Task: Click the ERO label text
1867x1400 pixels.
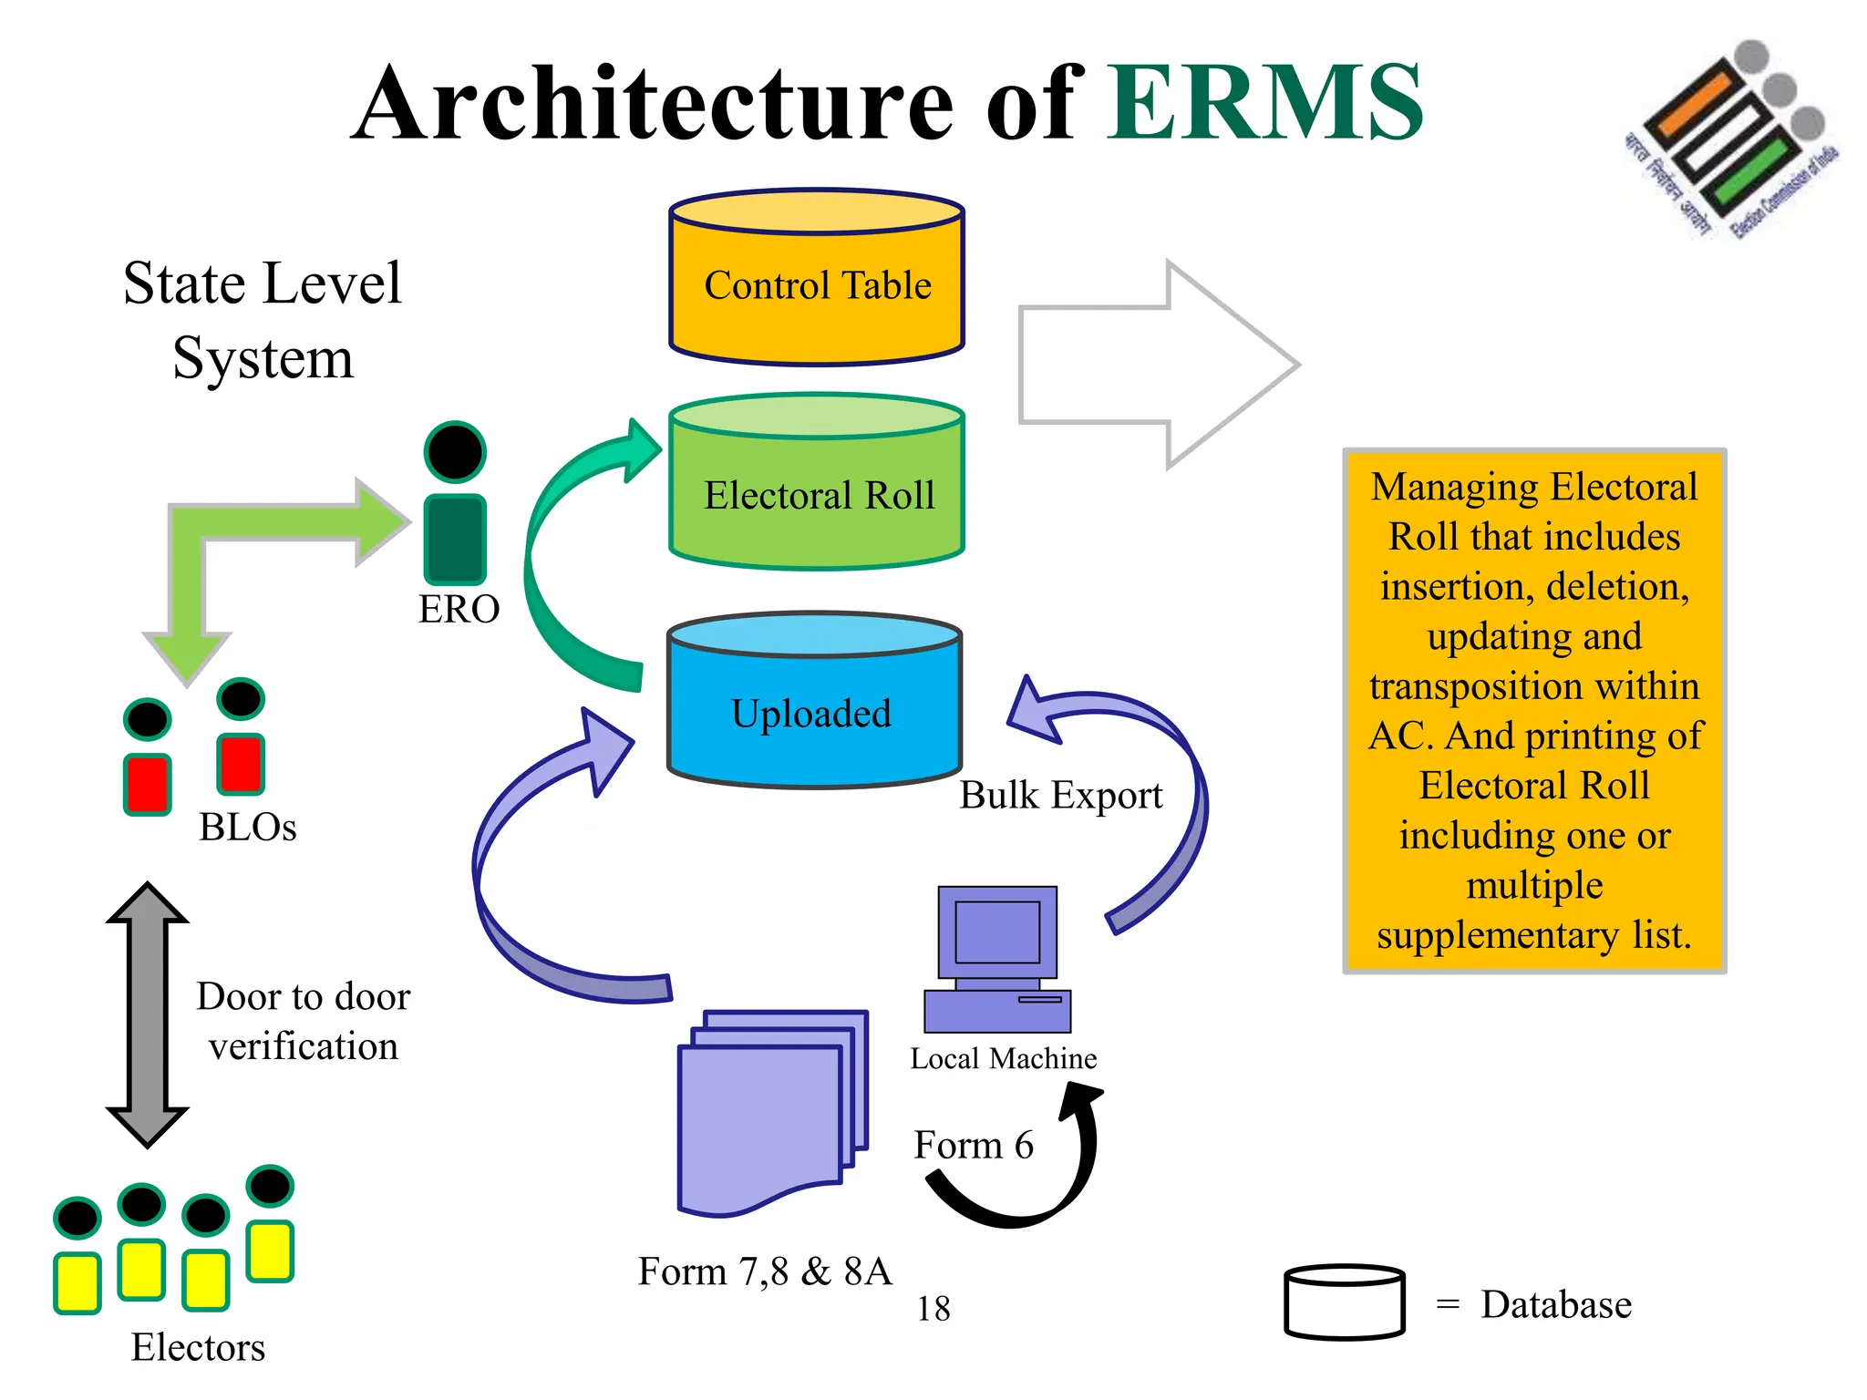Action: pos(459,609)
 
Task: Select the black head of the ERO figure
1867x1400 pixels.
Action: pos(455,451)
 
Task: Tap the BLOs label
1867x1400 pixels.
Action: pos(248,827)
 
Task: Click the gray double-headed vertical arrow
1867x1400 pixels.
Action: pos(148,1014)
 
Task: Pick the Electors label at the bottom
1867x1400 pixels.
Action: pos(198,1347)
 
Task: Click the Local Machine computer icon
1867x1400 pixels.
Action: pos(997,957)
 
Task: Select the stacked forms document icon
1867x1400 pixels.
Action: pos(770,1112)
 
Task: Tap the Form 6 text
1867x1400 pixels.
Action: pos(974,1145)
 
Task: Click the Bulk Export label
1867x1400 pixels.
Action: pos(1061,795)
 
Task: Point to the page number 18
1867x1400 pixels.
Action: pos(933,1309)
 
